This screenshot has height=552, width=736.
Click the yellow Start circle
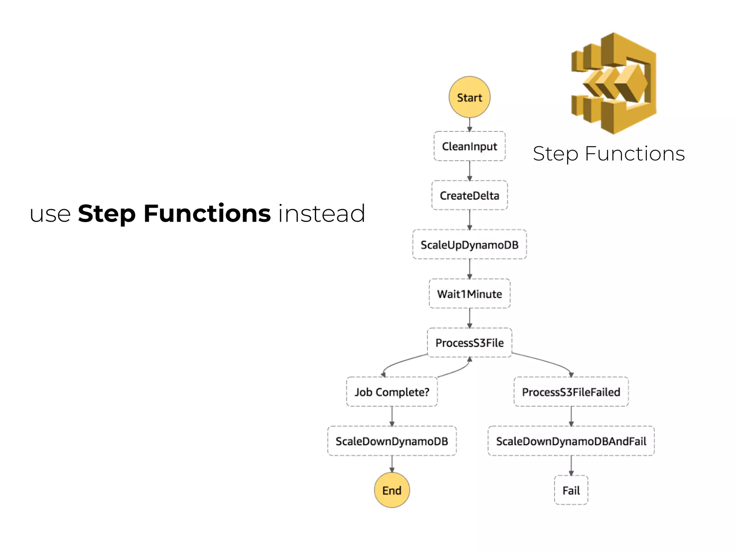469,97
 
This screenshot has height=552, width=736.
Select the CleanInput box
469,146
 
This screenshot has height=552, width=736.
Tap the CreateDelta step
469,195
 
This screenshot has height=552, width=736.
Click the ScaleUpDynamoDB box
469,245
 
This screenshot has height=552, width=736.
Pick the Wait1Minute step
469,294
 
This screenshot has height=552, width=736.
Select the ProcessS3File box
469,342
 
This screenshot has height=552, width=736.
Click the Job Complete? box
392,392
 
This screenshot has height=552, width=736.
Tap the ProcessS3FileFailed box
571,392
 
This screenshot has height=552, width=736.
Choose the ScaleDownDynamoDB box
392,441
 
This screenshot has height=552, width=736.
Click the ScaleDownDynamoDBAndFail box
571,441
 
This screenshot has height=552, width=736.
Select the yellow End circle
392,490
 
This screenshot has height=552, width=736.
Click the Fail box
571,490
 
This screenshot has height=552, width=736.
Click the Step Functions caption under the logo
609,154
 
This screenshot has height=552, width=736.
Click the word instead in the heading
322,213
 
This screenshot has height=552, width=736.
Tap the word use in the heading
50,214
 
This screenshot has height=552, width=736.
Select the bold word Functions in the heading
207,213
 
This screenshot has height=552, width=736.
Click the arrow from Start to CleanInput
469,125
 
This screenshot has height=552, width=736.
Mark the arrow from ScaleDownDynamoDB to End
392,464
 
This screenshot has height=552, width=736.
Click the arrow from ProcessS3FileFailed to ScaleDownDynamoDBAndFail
571,416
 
